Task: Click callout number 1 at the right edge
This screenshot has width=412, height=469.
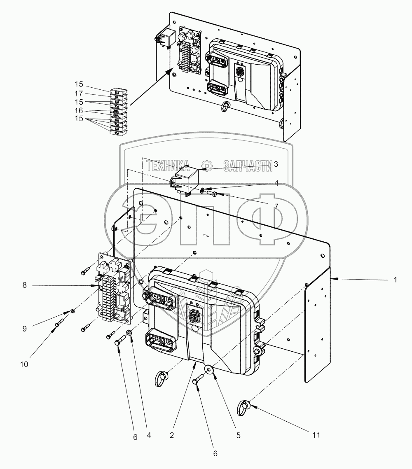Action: coord(395,280)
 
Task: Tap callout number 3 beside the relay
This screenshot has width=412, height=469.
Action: coord(276,164)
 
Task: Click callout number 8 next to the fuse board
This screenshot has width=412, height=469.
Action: coord(25,285)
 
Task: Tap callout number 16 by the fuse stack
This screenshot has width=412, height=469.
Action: coord(79,110)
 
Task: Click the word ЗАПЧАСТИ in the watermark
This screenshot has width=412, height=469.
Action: coord(248,166)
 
